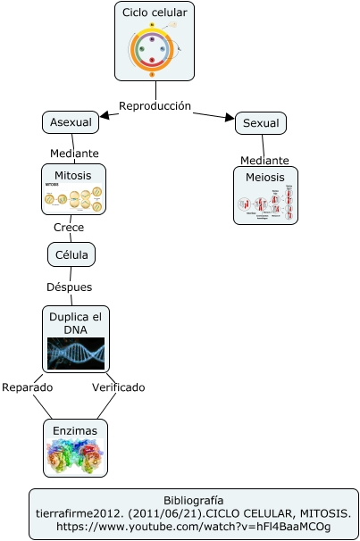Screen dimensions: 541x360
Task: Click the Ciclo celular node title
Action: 154,12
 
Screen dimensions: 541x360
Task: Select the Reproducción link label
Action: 155,105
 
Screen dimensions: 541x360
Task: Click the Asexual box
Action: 70,122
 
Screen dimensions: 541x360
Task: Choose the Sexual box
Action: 261,123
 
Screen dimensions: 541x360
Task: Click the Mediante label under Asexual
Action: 74,154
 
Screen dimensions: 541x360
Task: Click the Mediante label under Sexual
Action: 264,160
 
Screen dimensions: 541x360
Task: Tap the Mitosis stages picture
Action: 73,197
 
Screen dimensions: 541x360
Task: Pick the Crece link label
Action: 69,228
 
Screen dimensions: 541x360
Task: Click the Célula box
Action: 71,254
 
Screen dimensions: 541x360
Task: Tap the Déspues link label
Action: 69,287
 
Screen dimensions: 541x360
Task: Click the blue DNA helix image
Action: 76,353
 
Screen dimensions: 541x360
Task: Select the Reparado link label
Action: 27,387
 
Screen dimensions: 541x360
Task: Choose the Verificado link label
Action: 118,387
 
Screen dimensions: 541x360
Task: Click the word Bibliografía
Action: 193,500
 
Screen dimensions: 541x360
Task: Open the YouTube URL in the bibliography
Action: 193,528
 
